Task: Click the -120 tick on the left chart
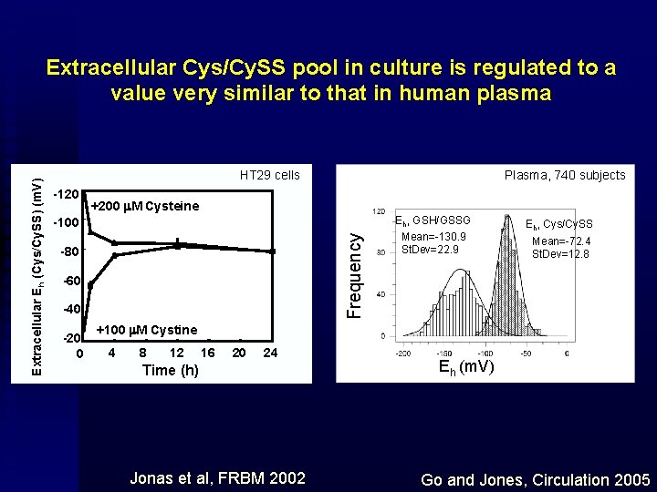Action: coord(65,195)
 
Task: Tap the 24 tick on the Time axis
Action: coord(270,353)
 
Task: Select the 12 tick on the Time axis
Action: coord(177,353)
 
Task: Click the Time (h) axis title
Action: coord(171,370)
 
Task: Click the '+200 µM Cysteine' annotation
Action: coord(145,206)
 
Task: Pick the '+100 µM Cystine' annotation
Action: coord(146,329)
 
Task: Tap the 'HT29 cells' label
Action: coord(269,175)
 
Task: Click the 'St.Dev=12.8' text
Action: coord(560,254)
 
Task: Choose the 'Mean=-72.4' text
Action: coord(559,241)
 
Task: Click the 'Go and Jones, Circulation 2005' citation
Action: coord(536,479)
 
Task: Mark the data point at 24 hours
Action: coord(272,251)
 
